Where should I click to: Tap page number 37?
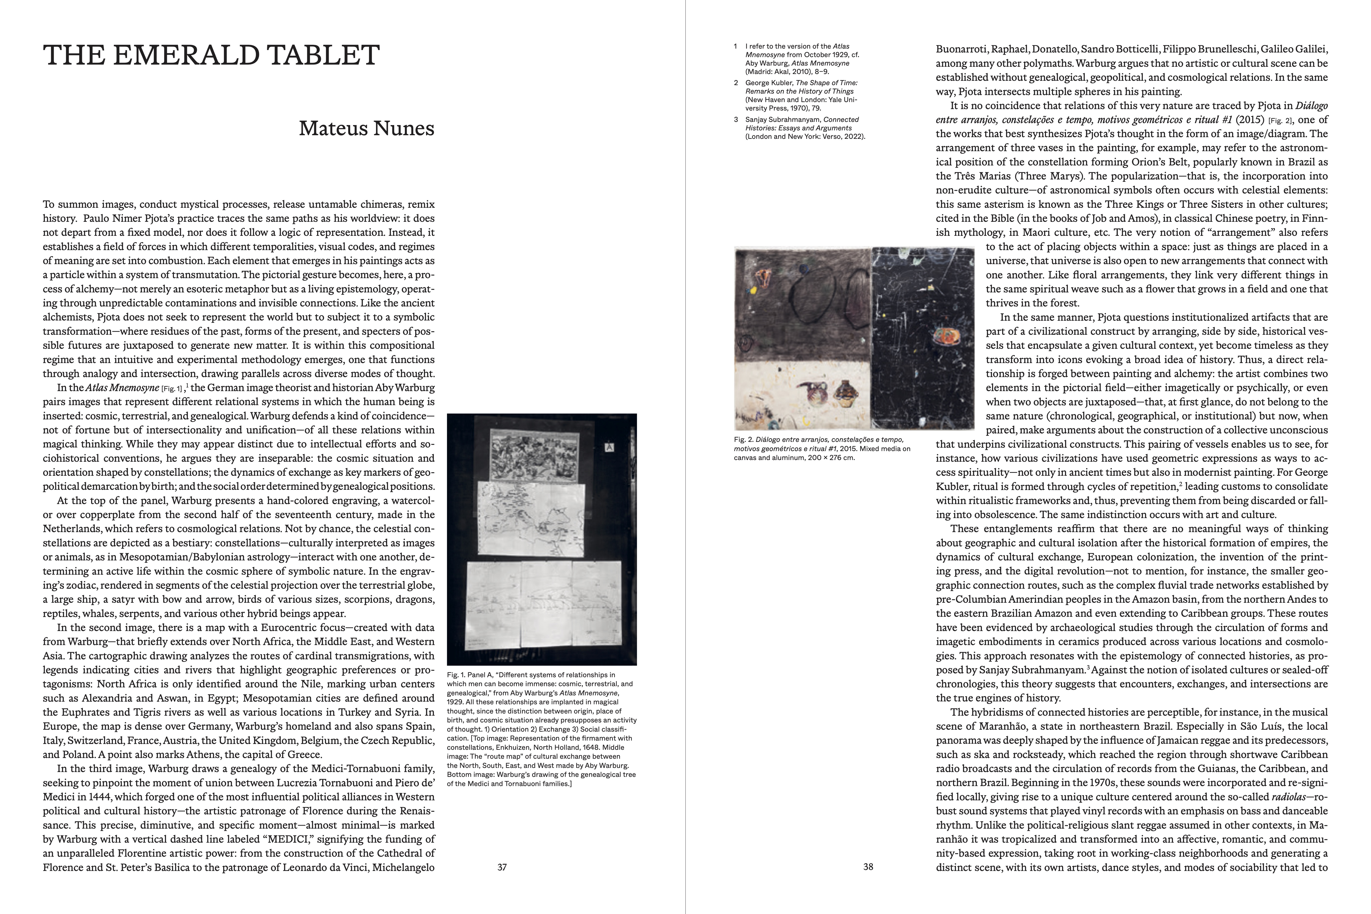502,867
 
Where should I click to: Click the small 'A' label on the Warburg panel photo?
610,448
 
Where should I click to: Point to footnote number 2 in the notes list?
736,83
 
